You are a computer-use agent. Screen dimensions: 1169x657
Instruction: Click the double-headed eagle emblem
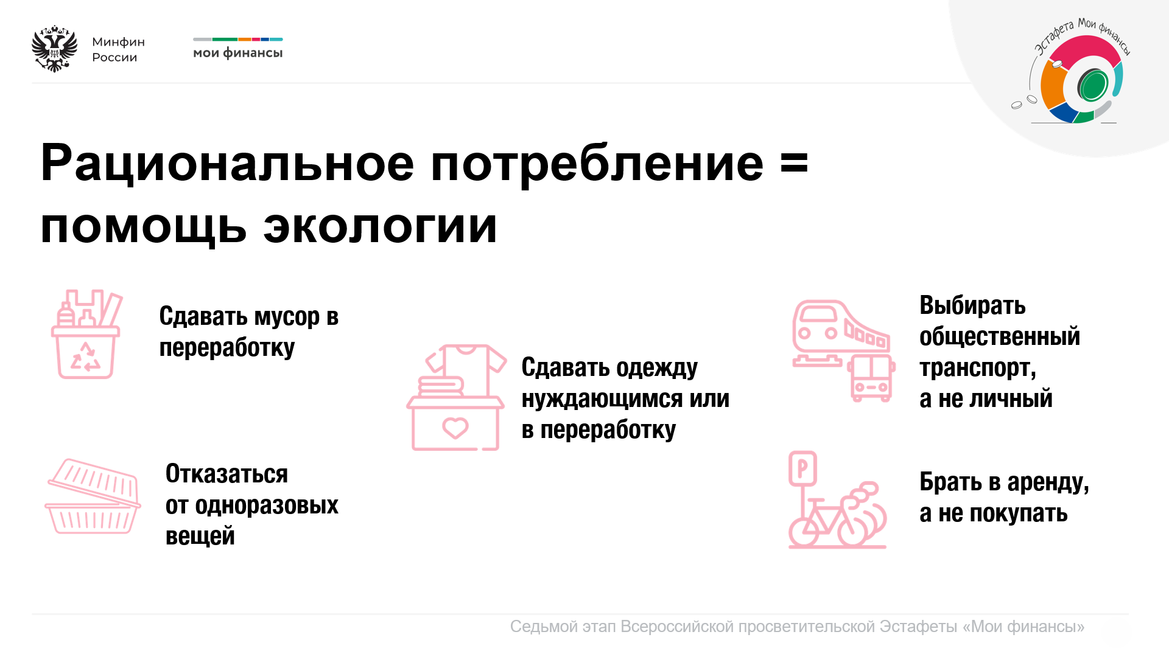(55, 49)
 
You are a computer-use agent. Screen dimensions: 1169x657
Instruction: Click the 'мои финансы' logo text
(238, 54)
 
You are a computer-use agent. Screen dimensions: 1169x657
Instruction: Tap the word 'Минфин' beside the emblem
(119, 42)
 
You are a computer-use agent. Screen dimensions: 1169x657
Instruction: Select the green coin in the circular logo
(1094, 85)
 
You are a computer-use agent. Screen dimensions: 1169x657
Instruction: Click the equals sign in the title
(795, 163)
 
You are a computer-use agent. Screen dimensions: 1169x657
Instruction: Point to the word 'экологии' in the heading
(381, 227)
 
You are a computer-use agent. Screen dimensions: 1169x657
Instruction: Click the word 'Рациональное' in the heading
(228, 163)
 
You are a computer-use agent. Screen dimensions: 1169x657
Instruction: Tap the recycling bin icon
(86, 334)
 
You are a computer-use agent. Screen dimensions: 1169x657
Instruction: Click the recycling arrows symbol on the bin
(86, 356)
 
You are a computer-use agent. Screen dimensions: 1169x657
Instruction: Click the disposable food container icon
(93, 496)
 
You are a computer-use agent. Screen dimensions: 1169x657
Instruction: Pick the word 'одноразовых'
(267, 506)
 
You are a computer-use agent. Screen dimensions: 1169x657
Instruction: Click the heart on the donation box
(455, 428)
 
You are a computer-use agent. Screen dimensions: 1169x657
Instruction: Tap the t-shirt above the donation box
(466, 368)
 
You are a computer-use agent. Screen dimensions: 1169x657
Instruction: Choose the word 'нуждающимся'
(602, 400)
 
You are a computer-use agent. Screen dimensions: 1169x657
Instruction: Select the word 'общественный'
(1000, 336)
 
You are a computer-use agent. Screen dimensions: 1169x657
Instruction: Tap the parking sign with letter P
(802, 469)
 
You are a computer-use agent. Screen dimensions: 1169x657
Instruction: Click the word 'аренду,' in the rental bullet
(1048, 482)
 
